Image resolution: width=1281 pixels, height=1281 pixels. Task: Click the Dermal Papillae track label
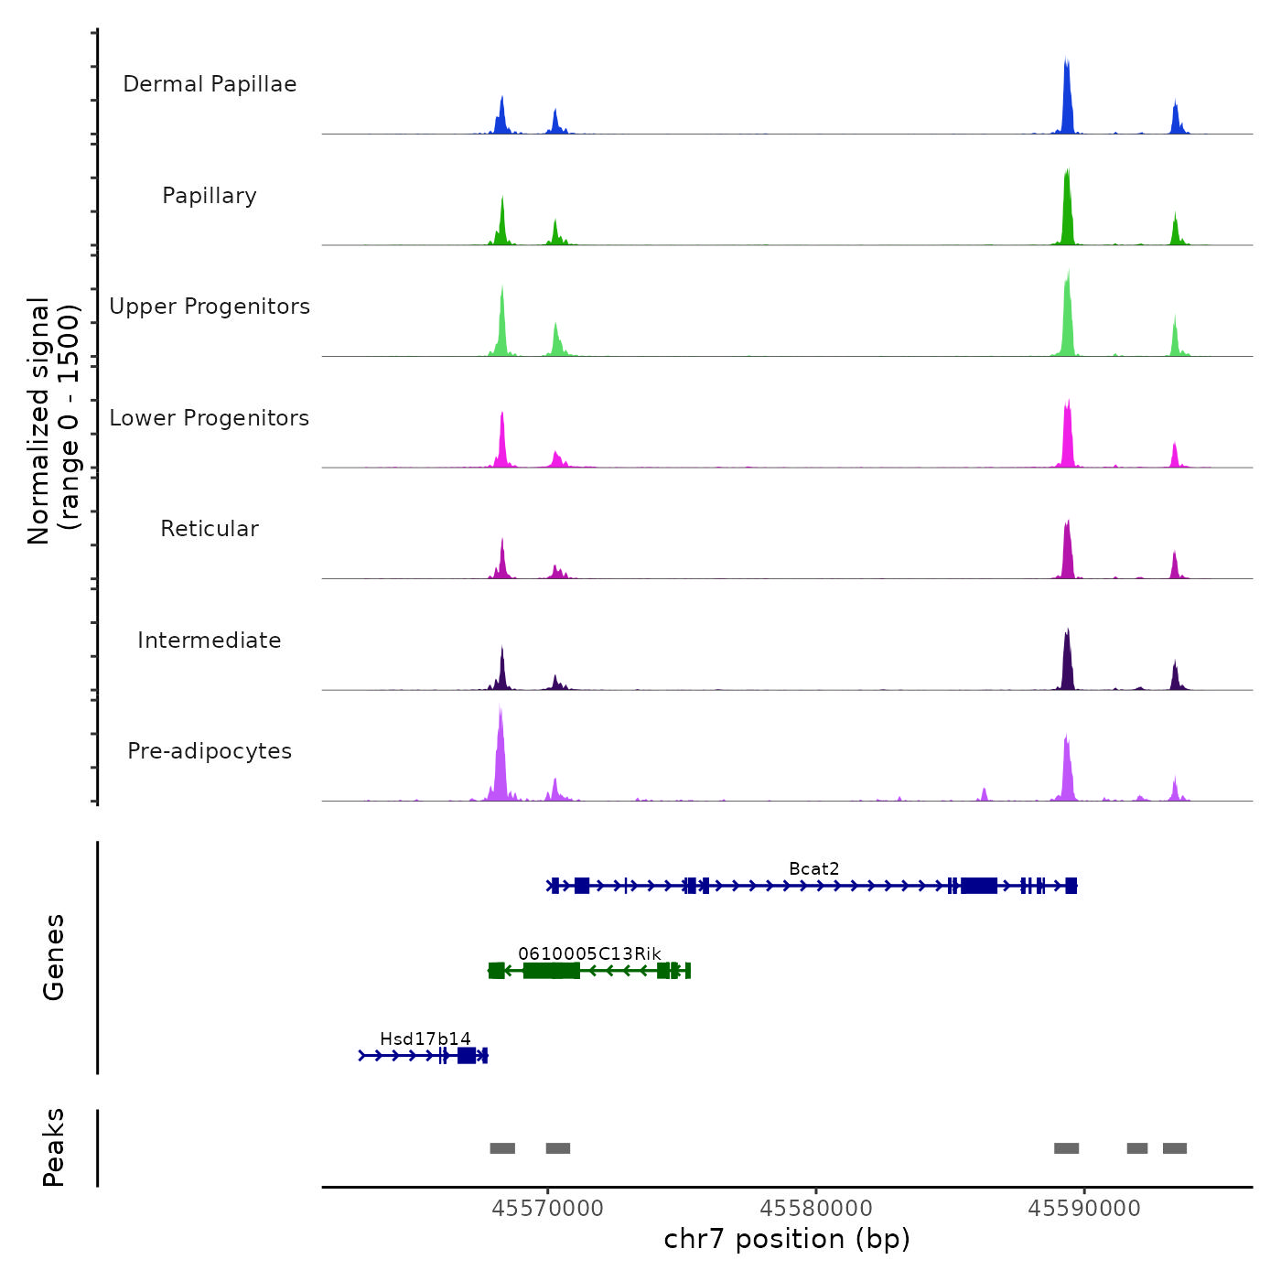click(x=210, y=84)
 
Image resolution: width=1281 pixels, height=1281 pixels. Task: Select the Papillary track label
click(x=210, y=196)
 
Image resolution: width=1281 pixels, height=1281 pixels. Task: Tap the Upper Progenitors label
click(x=210, y=307)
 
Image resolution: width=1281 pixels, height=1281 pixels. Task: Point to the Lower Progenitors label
click(x=210, y=418)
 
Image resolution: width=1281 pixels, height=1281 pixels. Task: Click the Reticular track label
click(x=210, y=529)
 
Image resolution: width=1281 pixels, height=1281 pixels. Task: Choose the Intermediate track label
click(x=210, y=640)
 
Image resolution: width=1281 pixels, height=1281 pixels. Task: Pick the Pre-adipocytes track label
click(x=210, y=751)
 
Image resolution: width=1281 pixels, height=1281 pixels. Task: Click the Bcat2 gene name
click(x=813, y=868)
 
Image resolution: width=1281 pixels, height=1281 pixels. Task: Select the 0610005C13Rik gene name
click(x=589, y=953)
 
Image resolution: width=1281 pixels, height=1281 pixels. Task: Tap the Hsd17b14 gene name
click(x=425, y=1039)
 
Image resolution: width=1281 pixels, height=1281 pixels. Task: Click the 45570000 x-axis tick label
click(x=548, y=1209)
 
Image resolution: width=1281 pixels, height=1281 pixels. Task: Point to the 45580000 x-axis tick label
click(x=816, y=1209)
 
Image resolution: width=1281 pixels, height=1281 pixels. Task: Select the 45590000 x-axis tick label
click(x=1084, y=1209)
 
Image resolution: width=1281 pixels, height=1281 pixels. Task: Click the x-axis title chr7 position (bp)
click(x=787, y=1239)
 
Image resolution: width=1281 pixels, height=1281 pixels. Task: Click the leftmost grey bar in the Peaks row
click(x=502, y=1148)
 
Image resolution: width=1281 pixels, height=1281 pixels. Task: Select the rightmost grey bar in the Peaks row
click(x=1175, y=1148)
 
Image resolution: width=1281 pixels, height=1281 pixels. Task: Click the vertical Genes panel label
click(x=54, y=957)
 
